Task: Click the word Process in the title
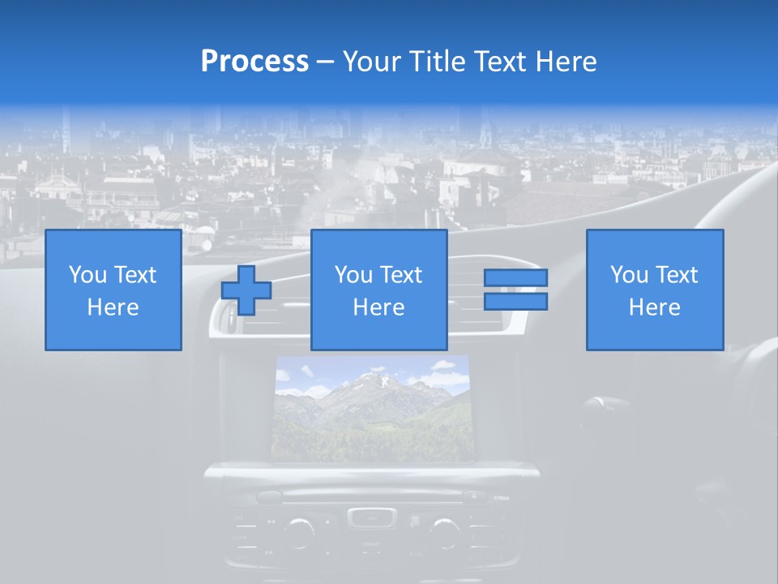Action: tap(254, 61)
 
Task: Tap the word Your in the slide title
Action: tap(372, 61)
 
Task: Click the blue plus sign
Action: tap(246, 290)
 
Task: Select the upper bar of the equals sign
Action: tap(515, 277)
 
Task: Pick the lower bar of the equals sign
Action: tap(515, 302)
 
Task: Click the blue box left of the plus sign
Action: tap(113, 290)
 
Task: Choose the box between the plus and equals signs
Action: tap(378, 290)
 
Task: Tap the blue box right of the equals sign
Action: tap(654, 290)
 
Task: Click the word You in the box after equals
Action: tap(629, 275)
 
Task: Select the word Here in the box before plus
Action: tap(113, 307)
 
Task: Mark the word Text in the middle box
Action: tap(401, 275)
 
